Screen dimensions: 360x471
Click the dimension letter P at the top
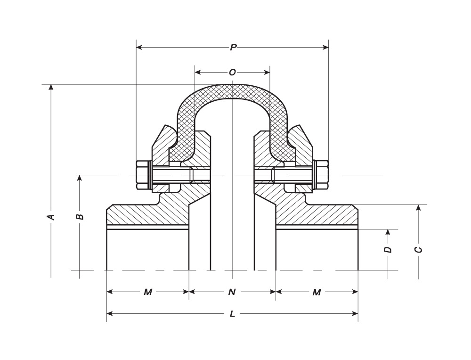point(233,47)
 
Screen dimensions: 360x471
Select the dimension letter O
point(232,72)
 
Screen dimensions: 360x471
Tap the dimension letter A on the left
point(51,216)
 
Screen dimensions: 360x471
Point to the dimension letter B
point(80,216)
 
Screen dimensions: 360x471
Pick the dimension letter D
point(388,249)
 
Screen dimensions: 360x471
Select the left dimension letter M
point(148,292)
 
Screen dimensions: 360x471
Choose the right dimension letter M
point(317,292)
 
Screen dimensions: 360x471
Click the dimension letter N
point(232,292)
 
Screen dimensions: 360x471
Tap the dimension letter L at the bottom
point(232,314)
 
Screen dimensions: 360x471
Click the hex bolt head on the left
point(142,175)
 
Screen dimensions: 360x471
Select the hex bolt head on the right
point(321,175)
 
